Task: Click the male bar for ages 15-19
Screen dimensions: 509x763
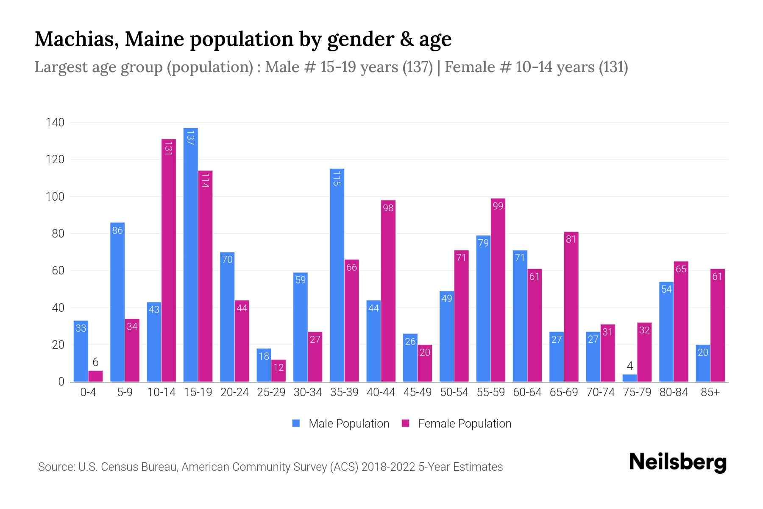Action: point(190,255)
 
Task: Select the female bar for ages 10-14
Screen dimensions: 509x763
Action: point(168,260)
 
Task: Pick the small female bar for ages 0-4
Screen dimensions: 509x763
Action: point(95,376)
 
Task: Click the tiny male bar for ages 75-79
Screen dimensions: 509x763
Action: point(629,378)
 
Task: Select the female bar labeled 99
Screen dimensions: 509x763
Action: point(498,290)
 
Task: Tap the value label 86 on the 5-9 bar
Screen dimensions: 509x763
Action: point(117,231)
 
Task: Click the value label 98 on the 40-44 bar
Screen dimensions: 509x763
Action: point(388,208)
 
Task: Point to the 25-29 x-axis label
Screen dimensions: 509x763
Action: point(271,392)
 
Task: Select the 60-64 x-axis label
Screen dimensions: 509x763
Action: point(527,392)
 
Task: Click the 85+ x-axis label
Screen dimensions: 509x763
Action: point(710,392)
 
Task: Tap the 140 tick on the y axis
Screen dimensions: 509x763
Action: point(55,123)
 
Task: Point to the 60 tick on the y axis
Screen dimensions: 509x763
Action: point(58,271)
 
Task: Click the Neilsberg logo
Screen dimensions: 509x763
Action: point(677,462)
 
